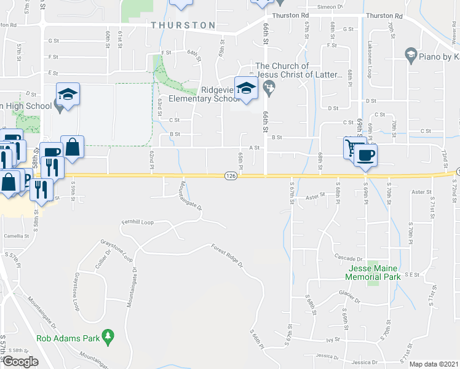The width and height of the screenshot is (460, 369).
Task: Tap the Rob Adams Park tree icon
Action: pos(109,335)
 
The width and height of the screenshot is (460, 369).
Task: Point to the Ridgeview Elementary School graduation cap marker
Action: pos(246,89)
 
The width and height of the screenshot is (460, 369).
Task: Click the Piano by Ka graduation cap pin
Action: pos(410,56)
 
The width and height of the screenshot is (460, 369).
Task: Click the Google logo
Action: pos(20,362)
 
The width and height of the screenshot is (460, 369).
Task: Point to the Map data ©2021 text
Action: pos(433,364)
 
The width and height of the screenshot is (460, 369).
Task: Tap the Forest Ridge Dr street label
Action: pos(227,256)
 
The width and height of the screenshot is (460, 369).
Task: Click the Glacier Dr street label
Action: pos(349,296)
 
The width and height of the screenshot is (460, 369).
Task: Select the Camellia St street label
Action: pos(15,236)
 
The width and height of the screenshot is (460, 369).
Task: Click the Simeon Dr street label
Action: pos(331,7)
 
